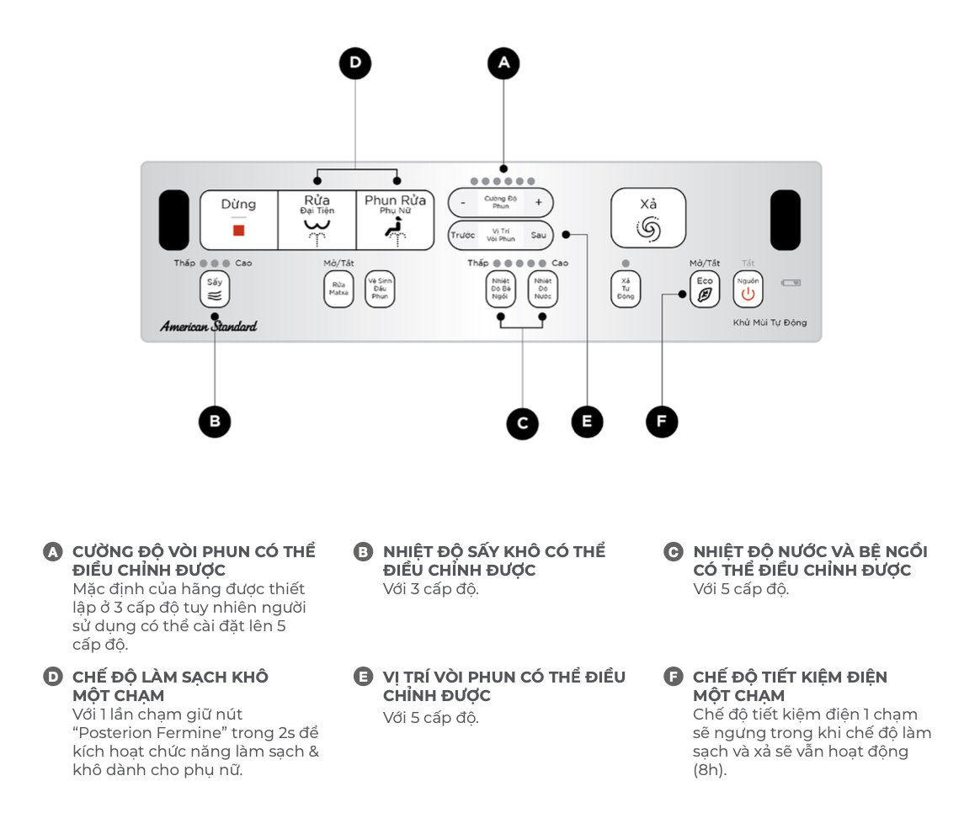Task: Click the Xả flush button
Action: point(648,218)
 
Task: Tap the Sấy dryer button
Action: point(215,290)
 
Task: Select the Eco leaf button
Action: point(705,290)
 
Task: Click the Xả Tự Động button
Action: point(626,290)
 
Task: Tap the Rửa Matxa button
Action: point(338,290)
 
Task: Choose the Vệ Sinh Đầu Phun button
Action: point(380,290)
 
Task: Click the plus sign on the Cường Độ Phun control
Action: point(539,203)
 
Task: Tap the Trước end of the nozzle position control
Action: point(462,236)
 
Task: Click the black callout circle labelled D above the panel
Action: point(355,63)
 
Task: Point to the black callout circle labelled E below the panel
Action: point(587,421)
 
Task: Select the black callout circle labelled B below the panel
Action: point(215,421)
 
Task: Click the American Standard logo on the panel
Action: point(208,327)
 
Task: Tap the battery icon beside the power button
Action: point(792,283)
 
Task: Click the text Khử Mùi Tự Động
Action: point(770,323)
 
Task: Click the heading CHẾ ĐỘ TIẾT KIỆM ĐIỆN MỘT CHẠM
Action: point(790,686)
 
